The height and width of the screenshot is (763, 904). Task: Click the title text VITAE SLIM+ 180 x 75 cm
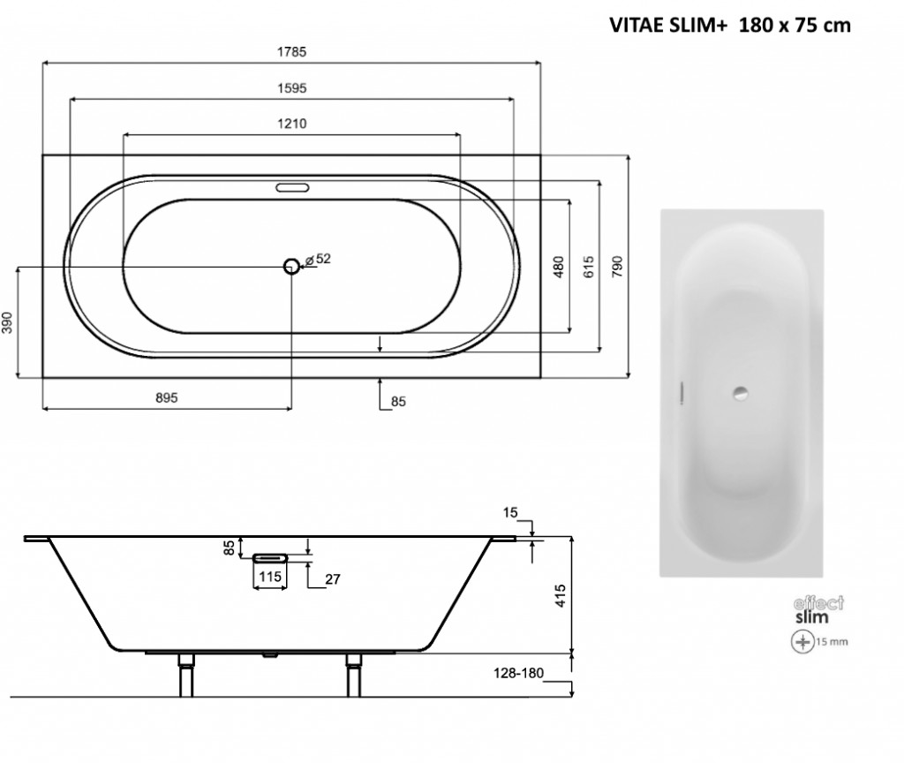click(x=729, y=26)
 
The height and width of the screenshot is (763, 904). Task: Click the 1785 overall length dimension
click(x=292, y=52)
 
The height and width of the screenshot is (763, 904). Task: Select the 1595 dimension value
click(x=292, y=87)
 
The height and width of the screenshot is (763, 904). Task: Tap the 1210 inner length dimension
click(x=292, y=124)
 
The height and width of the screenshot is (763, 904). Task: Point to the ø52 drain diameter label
click(x=318, y=259)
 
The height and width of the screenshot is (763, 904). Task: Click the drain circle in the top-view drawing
click(x=291, y=266)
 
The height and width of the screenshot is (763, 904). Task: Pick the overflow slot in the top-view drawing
click(x=291, y=188)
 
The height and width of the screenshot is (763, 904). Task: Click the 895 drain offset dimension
click(x=167, y=397)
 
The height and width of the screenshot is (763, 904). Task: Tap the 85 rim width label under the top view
click(x=397, y=402)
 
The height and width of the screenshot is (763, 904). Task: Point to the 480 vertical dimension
click(x=558, y=267)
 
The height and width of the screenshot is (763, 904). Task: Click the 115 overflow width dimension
click(x=271, y=576)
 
